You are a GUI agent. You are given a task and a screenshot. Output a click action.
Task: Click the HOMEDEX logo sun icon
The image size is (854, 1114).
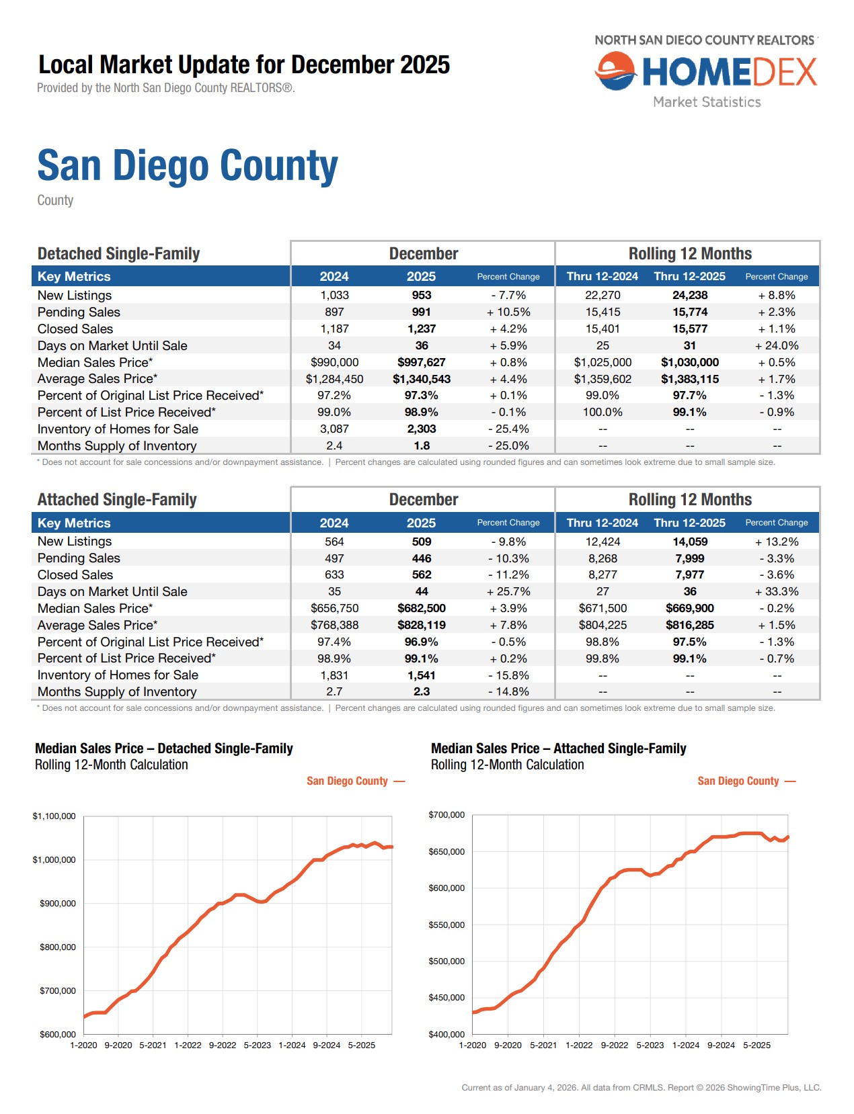point(615,72)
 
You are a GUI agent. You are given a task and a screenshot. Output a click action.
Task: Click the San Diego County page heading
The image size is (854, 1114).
point(188,166)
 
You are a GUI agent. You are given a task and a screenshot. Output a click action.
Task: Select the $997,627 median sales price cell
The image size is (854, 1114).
point(422,362)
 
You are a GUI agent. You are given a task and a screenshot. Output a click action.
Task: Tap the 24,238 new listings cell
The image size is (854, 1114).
point(690,295)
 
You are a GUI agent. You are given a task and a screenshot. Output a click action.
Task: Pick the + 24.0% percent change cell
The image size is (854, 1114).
point(777,345)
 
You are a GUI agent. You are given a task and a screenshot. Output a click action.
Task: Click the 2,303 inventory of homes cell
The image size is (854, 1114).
point(422,429)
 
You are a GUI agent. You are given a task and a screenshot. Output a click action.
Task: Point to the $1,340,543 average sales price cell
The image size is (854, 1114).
point(422,379)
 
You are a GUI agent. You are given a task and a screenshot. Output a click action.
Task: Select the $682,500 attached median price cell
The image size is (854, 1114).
point(422,608)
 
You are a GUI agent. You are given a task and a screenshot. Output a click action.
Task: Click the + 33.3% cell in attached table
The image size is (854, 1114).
point(777,591)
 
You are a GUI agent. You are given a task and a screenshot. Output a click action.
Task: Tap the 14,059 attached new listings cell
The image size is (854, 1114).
point(690,542)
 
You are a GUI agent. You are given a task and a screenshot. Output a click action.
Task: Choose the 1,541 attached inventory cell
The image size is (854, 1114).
point(422,675)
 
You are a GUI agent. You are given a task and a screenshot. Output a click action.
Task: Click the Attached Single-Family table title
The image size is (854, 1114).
point(117,500)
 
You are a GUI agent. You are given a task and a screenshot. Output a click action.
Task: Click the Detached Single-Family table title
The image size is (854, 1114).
point(118,254)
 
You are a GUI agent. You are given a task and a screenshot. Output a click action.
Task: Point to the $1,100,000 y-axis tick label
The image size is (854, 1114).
point(54,816)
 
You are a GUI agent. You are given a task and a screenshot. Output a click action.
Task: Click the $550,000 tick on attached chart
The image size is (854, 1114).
point(447,925)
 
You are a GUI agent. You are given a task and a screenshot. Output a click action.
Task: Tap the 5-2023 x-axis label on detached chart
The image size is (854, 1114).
point(257,1045)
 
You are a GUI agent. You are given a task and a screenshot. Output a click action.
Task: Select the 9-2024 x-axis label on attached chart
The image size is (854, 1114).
point(721,1045)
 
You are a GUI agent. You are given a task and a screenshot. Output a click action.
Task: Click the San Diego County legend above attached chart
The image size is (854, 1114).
point(738,781)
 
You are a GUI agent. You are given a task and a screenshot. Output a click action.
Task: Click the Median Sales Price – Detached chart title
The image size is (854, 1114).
point(164,748)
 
